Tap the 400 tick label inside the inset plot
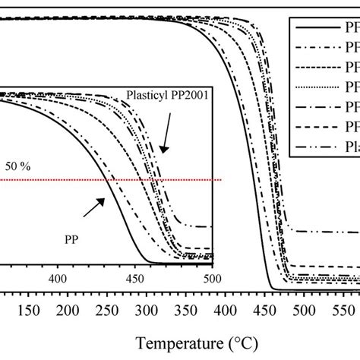pyautogui.click(x=58, y=279)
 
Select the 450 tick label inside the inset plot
pyautogui.click(x=135, y=279)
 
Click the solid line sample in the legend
pyautogui.click(x=313, y=25)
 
